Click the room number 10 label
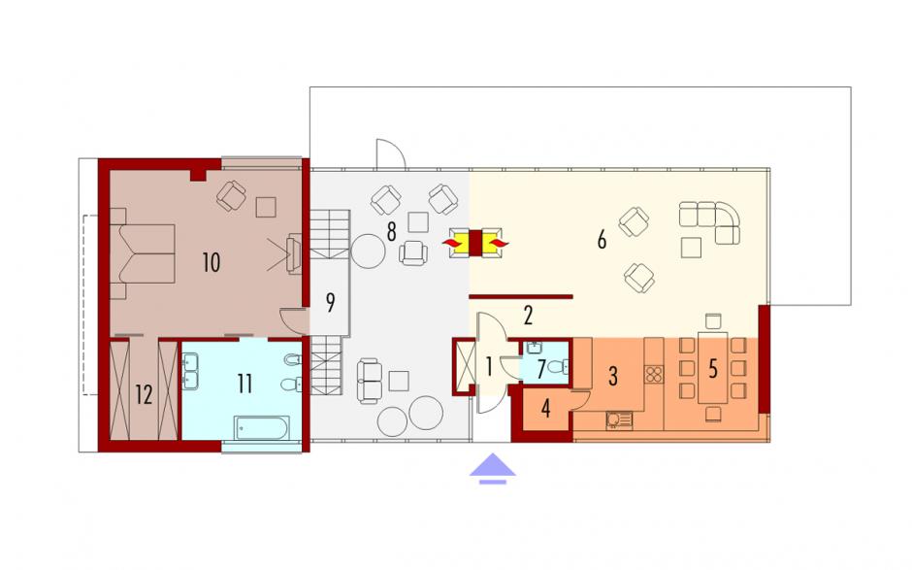(x=212, y=262)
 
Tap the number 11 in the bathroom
(x=244, y=384)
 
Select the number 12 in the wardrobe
(x=144, y=395)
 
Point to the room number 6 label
(x=602, y=239)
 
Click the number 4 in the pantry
(x=545, y=409)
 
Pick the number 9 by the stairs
(x=330, y=303)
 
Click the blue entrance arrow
(x=493, y=468)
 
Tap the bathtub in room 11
(x=261, y=428)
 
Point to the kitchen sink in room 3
(x=618, y=419)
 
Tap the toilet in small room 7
(x=558, y=367)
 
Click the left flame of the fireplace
(x=452, y=242)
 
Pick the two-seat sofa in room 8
(x=370, y=382)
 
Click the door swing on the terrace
(x=390, y=153)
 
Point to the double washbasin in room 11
(x=190, y=372)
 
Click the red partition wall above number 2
(x=521, y=297)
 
